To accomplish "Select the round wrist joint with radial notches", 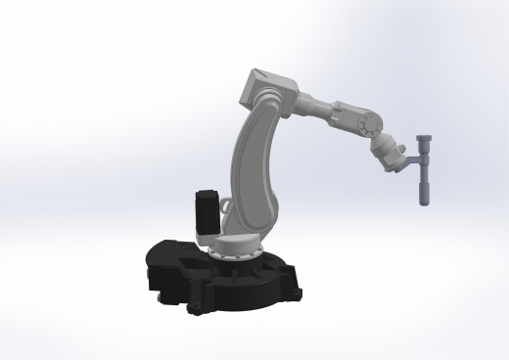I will pyautogui.click(x=369, y=126).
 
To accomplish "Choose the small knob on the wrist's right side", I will pyautogui.click(x=398, y=148).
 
